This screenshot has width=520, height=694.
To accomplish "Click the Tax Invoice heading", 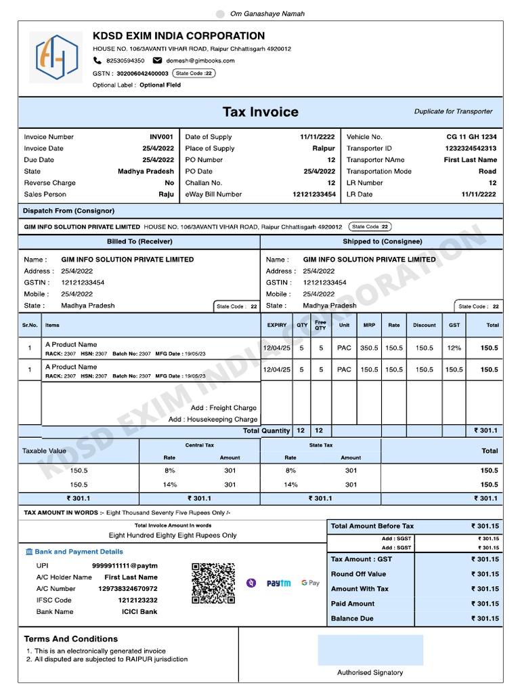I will tap(260, 112).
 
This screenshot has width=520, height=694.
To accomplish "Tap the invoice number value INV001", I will tap(162, 137).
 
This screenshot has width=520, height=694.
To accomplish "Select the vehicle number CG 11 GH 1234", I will tap(471, 137).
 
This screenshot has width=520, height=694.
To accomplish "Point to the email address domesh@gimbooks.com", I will tap(200, 60).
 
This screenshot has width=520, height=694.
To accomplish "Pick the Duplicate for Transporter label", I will tap(453, 111).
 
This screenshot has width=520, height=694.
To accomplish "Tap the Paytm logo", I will tap(278, 583).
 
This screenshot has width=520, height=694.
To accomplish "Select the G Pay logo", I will tap(310, 583).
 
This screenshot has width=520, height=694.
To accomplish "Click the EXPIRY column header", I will tap(277, 325).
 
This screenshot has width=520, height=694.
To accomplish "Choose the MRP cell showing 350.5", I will tap(369, 348).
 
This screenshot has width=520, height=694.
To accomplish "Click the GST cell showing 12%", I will tap(454, 348).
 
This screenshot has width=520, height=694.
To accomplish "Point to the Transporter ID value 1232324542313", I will tap(471, 148).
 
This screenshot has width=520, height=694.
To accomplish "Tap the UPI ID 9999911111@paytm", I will tap(125, 565).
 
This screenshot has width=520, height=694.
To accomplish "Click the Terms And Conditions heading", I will tap(70, 638).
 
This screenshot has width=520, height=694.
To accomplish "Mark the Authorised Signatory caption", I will tap(370, 672).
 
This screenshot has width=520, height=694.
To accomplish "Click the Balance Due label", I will tap(352, 618).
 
